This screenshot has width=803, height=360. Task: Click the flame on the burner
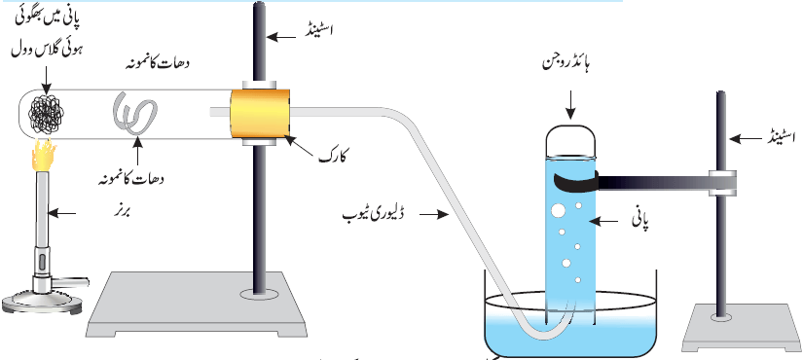pyautogui.click(x=45, y=157)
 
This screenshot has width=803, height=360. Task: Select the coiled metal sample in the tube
pyautogui.click(x=134, y=113)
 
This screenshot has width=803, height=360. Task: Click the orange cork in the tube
pyautogui.click(x=260, y=113)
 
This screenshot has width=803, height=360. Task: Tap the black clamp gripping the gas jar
pyautogui.click(x=576, y=182)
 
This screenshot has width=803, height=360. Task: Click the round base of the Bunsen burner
pyautogui.click(x=42, y=304)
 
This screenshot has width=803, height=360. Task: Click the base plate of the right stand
pyautogui.click(x=742, y=328)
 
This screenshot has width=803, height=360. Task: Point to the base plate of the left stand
pyautogui.click(x=198, y=306)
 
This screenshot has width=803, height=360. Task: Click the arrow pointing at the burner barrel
pyautogui.click(x=61, y=212)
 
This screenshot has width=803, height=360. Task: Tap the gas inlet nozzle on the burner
pyautogui.click(x=73, y=280)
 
